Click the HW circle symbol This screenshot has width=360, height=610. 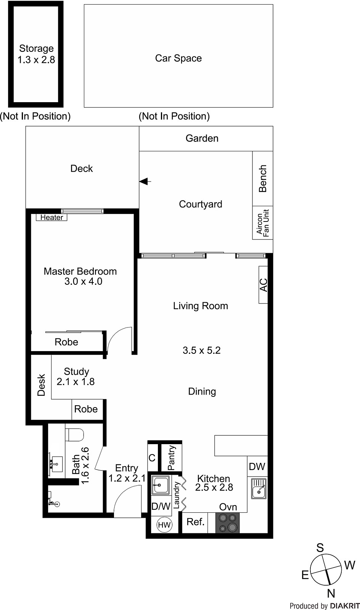point(164,525)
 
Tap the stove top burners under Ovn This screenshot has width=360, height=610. point(228,523)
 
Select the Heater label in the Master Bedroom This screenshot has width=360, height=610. point(52,217)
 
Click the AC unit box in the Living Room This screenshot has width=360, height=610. point(263,285)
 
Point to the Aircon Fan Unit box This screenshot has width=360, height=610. point(263,223)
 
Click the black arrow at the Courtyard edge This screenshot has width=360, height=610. point(144,182)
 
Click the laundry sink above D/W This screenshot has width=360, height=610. point(161,485)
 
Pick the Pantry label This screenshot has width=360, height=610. point(171,457)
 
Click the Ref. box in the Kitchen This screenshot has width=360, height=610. point(196,522)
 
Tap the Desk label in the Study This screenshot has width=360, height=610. point(41,385)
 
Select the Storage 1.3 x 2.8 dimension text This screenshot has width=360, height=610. point(36,60)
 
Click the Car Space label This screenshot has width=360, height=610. point(178,58)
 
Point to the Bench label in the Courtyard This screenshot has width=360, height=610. point(263,178)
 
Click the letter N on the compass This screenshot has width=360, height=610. point(331,593)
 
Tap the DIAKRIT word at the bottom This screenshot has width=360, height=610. point(345,606)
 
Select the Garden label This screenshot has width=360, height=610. point(202,138)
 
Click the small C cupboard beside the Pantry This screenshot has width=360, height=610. point(152,457)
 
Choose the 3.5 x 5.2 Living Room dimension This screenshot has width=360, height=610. point(201,350)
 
